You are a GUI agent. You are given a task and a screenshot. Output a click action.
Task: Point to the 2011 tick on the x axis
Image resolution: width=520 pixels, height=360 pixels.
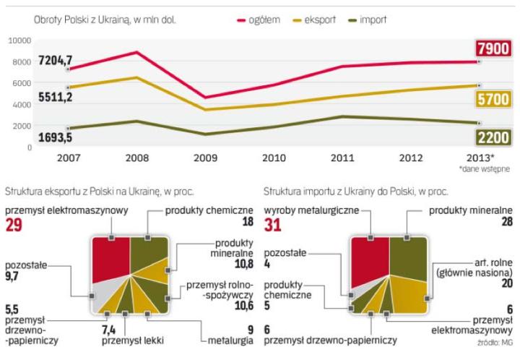[x=342, y=157]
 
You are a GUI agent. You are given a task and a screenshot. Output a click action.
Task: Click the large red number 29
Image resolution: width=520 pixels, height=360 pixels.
[x=14, y=226]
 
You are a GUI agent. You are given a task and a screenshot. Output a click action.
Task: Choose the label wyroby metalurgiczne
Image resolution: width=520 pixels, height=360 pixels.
[x=310, y=210]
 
